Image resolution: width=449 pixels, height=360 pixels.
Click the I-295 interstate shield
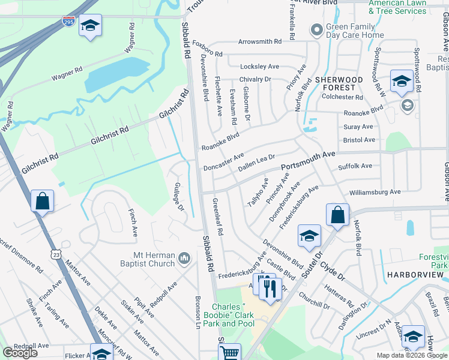coord(68,22)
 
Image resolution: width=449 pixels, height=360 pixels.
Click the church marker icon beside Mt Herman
coord(184,259)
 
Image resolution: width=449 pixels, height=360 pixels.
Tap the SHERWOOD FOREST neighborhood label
coord(339,83)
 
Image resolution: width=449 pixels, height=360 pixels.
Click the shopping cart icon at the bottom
coord(230,353)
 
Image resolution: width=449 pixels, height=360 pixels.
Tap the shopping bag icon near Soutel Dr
coord(338,215)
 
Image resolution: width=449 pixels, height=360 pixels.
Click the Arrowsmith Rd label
coord(259,42)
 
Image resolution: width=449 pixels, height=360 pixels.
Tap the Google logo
coord(20,353)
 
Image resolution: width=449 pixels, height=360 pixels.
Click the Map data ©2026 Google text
coord(411,355)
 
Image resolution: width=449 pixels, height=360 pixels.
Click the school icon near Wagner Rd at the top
coord(90,26)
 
